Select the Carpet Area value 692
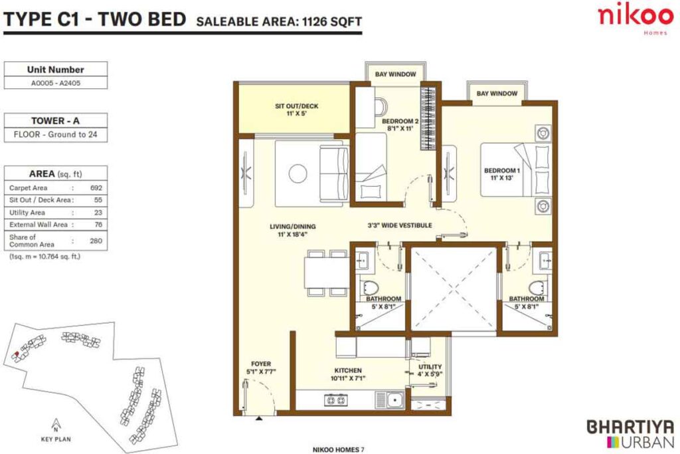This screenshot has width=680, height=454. click(96, 188)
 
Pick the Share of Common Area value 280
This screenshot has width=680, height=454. click(96, 241)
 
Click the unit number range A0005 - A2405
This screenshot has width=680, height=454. click(55, 83)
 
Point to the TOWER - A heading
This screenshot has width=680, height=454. click(55, 121)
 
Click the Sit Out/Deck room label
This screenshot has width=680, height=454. click(293, 110)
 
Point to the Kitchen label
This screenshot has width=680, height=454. click(348, 374)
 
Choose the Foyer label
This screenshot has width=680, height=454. click(261, 368)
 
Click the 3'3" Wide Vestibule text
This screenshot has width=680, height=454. click(400, 226)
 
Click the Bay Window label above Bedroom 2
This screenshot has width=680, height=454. click(395, 74)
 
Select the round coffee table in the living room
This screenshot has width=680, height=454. click(298, 174)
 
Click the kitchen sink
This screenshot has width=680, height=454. click(394, 400)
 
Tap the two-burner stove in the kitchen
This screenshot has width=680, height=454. click(333, 400)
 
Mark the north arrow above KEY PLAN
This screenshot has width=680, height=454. click(56, 423)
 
